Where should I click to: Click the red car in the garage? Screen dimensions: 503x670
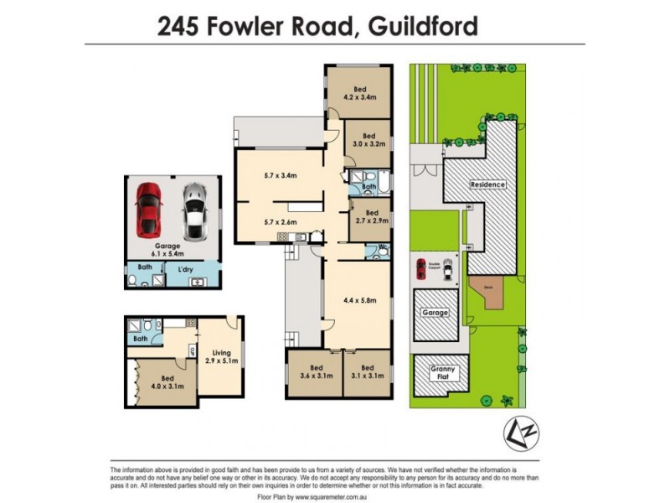[148, 208]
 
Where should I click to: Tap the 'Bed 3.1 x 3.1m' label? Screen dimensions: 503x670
[367, 372]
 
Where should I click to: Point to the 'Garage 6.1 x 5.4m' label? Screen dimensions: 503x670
[167, 250]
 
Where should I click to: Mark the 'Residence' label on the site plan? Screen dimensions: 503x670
[487, 184]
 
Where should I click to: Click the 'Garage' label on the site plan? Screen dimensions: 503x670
[435, 313]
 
